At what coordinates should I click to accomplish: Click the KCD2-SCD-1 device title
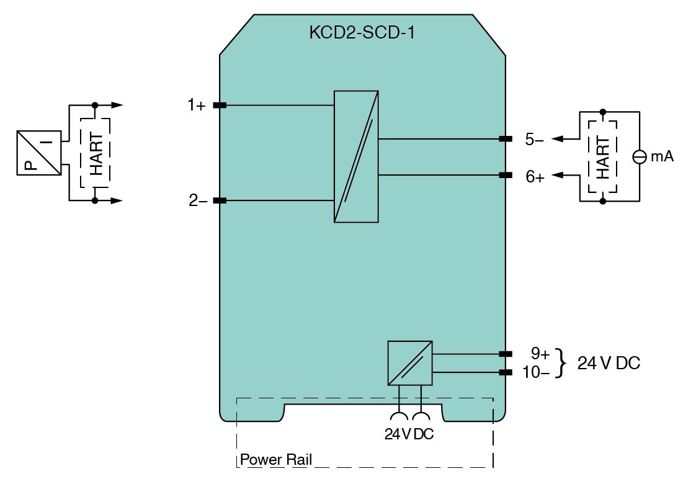362,33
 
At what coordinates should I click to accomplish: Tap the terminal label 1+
197,105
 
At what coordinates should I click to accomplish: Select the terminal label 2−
198,200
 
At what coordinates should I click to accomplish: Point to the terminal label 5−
535,140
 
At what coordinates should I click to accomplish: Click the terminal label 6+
535,176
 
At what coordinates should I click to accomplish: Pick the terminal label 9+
540,354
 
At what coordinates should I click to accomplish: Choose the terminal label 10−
537,372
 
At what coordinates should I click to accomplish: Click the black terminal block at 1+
220,105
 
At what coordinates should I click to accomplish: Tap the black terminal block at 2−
220,200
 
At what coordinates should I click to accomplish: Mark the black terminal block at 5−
506,139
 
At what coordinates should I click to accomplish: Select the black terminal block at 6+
506,175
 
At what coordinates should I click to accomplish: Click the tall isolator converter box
356,156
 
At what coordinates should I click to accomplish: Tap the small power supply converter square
409,363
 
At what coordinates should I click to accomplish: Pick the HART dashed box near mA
602,156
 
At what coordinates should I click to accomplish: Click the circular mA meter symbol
640,157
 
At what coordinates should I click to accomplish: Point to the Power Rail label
276,460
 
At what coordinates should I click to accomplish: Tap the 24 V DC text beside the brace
609,363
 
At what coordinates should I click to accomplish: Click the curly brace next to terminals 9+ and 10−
562,363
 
